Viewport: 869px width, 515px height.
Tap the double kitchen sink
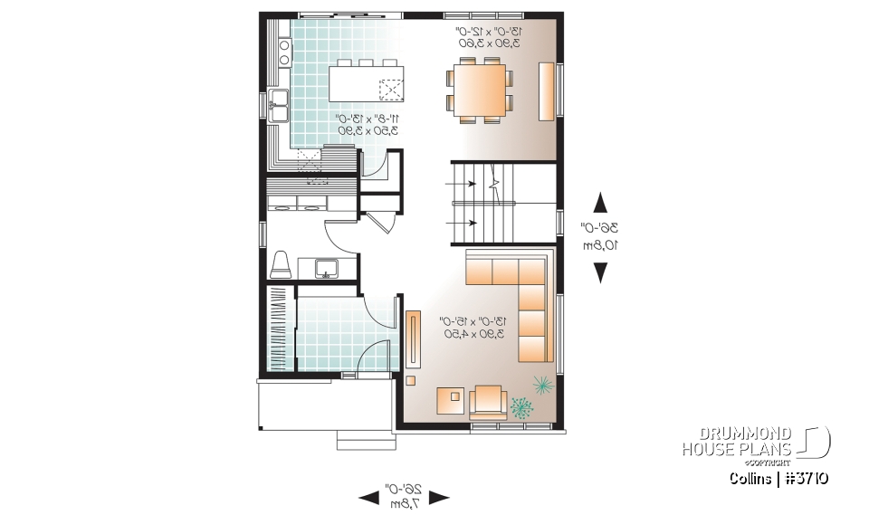[278, 106]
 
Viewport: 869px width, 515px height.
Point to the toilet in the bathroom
[280, 264]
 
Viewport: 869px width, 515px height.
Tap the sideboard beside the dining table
[546, 90]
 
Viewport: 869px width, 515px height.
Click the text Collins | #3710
[778, 478]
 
